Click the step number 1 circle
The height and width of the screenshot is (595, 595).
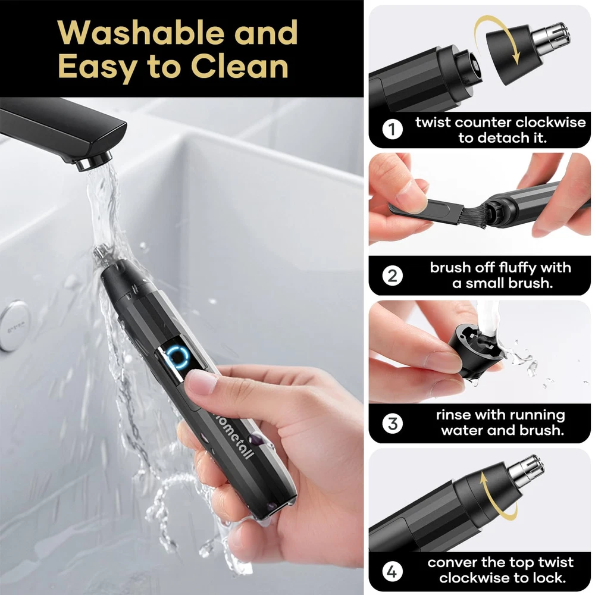[x=392, y=130]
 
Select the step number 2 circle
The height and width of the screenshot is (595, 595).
[x=392, y=275]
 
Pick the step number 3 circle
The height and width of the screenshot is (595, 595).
[x=392, y=424]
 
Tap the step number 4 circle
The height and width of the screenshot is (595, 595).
[x=392, y=571]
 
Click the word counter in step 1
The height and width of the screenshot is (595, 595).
[x=481, y=123]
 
